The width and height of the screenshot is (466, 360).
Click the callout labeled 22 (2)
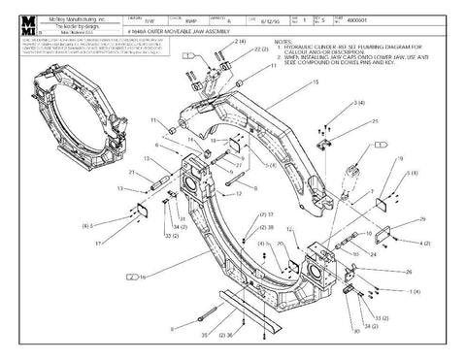(x=247, y=49)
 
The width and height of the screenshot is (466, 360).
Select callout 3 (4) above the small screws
(x=358, y=102)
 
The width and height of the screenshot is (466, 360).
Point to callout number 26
(x=408, y=273)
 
